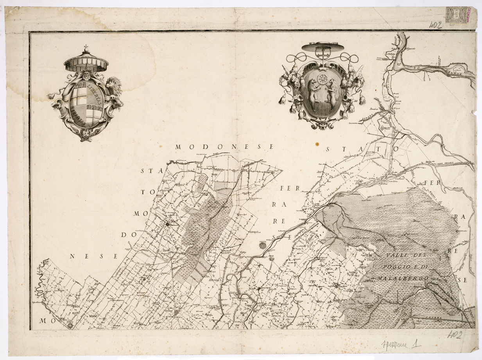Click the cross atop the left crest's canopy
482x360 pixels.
[86, 49]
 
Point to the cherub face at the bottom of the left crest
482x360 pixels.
[85, 134]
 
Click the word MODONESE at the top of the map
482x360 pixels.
[224, 147]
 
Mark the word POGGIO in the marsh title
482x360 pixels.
[391, 267]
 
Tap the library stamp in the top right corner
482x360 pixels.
[457, 15]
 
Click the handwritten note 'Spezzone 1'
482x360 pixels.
[401, 345]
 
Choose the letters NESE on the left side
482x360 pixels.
[94, 256]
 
